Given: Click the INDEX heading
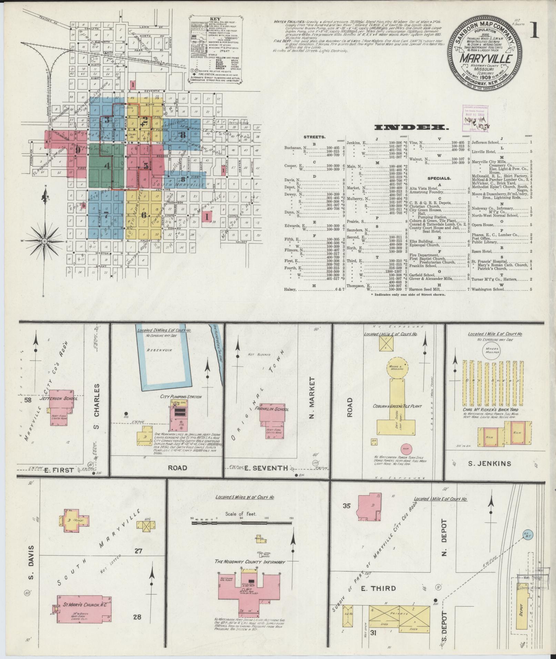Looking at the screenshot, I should (412, 127).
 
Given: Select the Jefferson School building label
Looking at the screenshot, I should (61, 399).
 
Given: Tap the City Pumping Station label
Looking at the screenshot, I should (181, 397).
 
